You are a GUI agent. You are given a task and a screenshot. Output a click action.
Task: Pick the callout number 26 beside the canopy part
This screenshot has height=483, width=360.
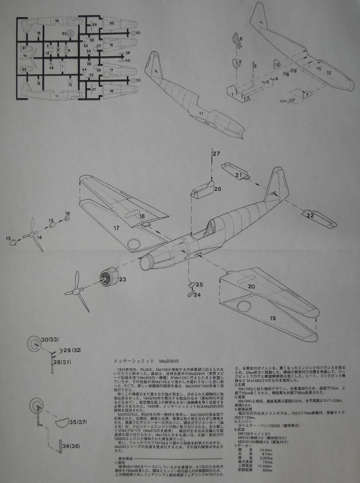coord(217,190)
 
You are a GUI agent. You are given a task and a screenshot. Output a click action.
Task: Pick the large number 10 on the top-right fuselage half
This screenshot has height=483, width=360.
coord(328,73)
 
